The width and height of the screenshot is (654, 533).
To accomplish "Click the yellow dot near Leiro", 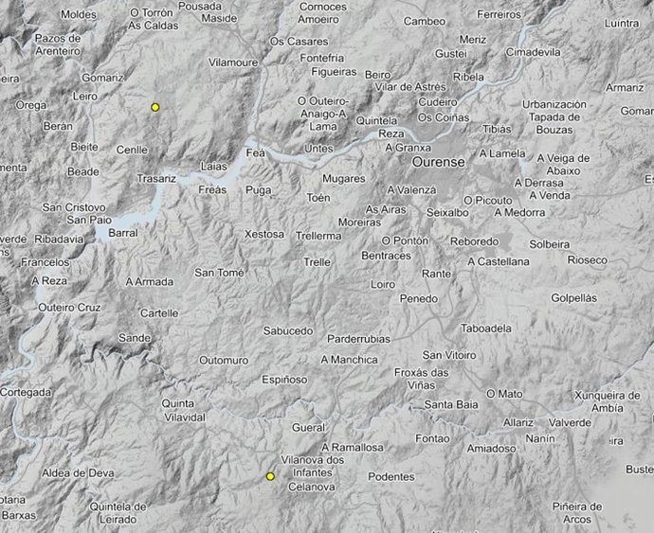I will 154,108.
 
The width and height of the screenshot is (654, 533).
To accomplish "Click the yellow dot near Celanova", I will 270,477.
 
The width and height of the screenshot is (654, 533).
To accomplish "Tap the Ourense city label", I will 438,162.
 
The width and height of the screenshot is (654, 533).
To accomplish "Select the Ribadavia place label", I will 59,240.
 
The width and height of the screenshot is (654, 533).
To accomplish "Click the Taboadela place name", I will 484,329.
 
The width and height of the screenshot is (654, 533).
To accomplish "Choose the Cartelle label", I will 158,313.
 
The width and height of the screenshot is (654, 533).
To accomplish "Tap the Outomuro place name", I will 223,361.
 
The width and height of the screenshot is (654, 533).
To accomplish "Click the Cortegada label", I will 26,392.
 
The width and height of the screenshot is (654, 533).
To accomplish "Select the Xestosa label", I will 264,234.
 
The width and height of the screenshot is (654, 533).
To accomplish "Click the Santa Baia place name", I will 451,406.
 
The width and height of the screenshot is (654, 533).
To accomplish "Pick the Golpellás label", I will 574,297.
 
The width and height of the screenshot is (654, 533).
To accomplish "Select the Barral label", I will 123,232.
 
